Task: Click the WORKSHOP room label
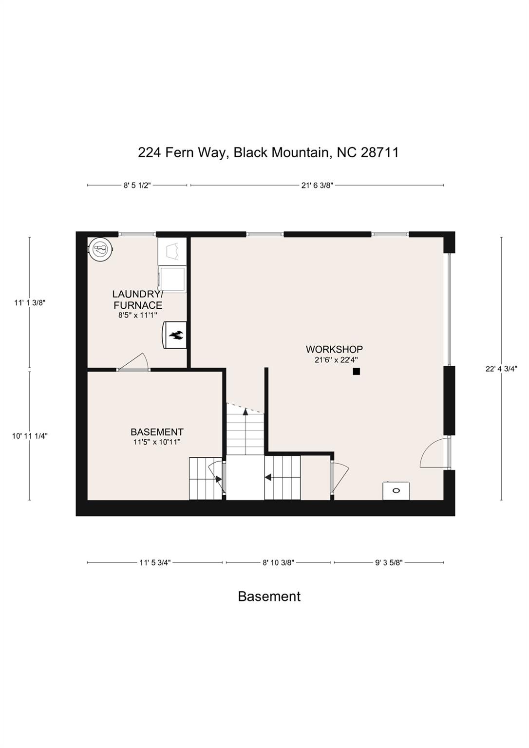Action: coord(334,349)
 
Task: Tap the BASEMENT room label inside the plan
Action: coord(157,432)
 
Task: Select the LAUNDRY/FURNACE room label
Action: coord(137,300)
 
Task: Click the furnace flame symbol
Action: coord(175,335)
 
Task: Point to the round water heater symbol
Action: coord(100,249)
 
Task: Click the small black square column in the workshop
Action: coord(356,372)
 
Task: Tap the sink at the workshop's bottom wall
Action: coord(396,490)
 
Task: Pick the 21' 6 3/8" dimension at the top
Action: coord(317,185)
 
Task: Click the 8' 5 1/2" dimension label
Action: coord(137,185)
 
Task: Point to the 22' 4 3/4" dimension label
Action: coord(501,369)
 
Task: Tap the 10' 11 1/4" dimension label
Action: coord(30,436)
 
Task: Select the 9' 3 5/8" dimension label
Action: coord(389,562)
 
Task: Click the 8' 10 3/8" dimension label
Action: coord(278,562)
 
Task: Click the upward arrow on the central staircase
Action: coord(246,411)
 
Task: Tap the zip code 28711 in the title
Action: coord(380,152)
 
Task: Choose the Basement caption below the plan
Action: coord(269,597)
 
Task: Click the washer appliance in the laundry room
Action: coord(172,279)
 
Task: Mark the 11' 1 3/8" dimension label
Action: coord(30,302)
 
